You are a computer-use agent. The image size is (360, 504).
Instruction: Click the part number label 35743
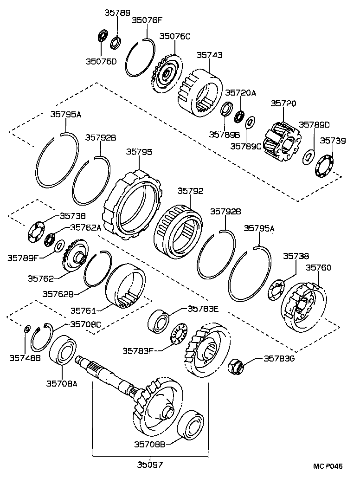(209, 55)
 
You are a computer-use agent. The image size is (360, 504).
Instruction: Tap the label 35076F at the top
(147, 20)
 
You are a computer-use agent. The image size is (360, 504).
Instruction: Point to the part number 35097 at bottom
(150, 464)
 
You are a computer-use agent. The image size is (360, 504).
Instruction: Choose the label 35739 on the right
(333, 140)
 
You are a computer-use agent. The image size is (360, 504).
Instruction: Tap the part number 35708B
(150, 444)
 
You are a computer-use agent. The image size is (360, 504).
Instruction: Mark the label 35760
(318, 268)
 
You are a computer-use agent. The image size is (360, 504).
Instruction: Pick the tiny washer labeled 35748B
(27, 329)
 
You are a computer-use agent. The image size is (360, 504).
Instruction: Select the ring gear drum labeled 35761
(125, 285)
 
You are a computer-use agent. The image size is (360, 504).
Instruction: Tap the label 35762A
(85, 227)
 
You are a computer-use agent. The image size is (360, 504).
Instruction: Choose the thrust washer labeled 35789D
(307, 157)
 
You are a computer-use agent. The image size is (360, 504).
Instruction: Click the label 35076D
(101, 61)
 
